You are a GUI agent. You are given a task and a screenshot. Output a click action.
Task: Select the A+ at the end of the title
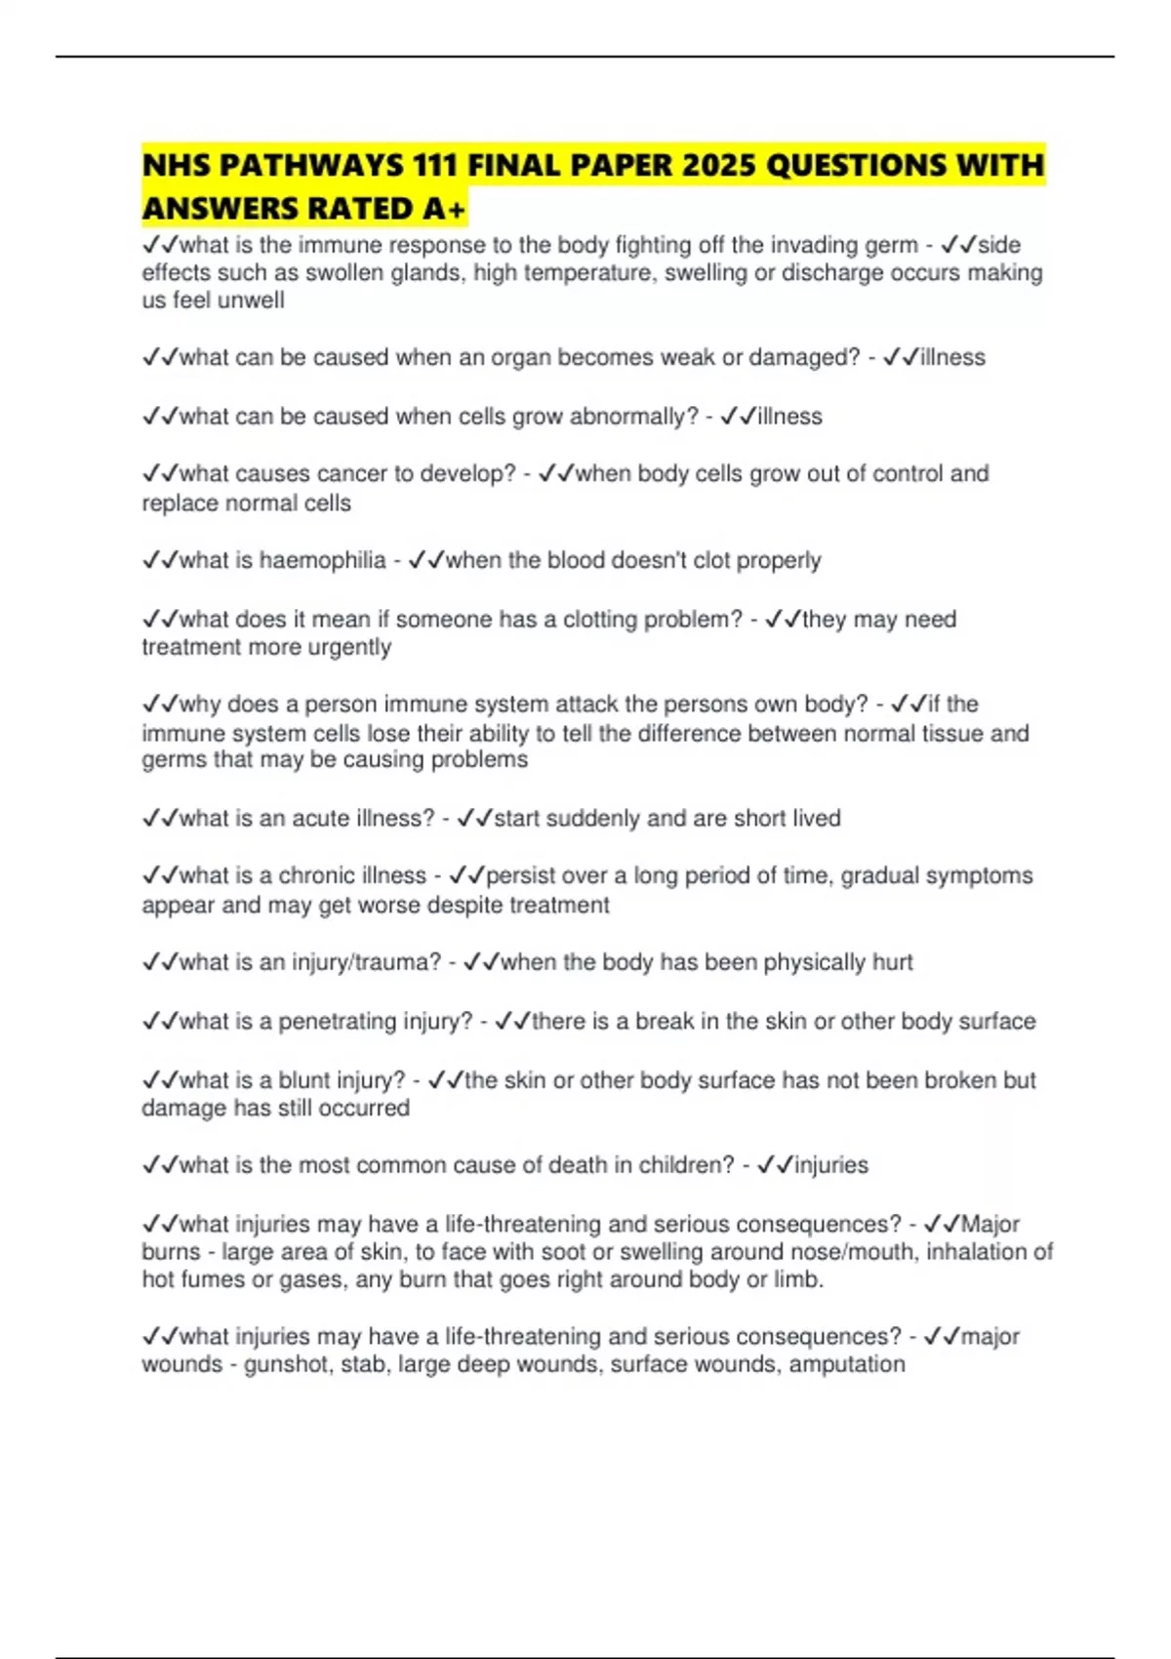pyautogui.click(x=445, y=209)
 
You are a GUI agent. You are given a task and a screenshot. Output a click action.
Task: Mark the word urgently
pyautogui.click(x=349, y=647)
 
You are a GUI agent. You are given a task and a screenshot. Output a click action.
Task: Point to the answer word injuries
pyautogui.click(x=831, y=1165)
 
